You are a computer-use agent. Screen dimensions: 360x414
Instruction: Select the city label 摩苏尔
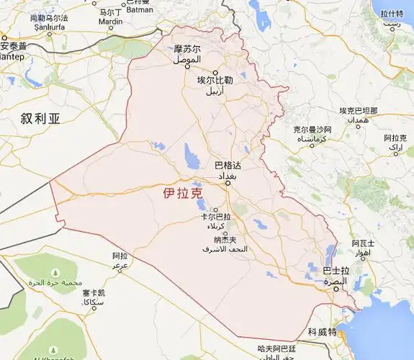pos(186,49)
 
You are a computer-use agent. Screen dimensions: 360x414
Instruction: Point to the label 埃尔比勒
pos(215,81)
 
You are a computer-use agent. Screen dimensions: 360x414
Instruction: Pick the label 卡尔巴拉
pos(216,217)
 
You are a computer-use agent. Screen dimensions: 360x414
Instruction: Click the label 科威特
pos(322,332)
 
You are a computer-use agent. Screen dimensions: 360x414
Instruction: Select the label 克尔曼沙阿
pos(310,130)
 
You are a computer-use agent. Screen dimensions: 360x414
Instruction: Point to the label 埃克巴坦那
pos(359,111)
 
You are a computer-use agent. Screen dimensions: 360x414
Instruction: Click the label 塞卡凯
pos(94,294)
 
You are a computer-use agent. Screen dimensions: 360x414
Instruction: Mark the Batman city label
pos(140,10)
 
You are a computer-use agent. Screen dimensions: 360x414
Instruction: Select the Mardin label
pos(110,22)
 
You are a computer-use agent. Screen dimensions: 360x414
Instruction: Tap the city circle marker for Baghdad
pos(228,183)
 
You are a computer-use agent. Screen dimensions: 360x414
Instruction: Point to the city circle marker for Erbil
pos(215,72)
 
